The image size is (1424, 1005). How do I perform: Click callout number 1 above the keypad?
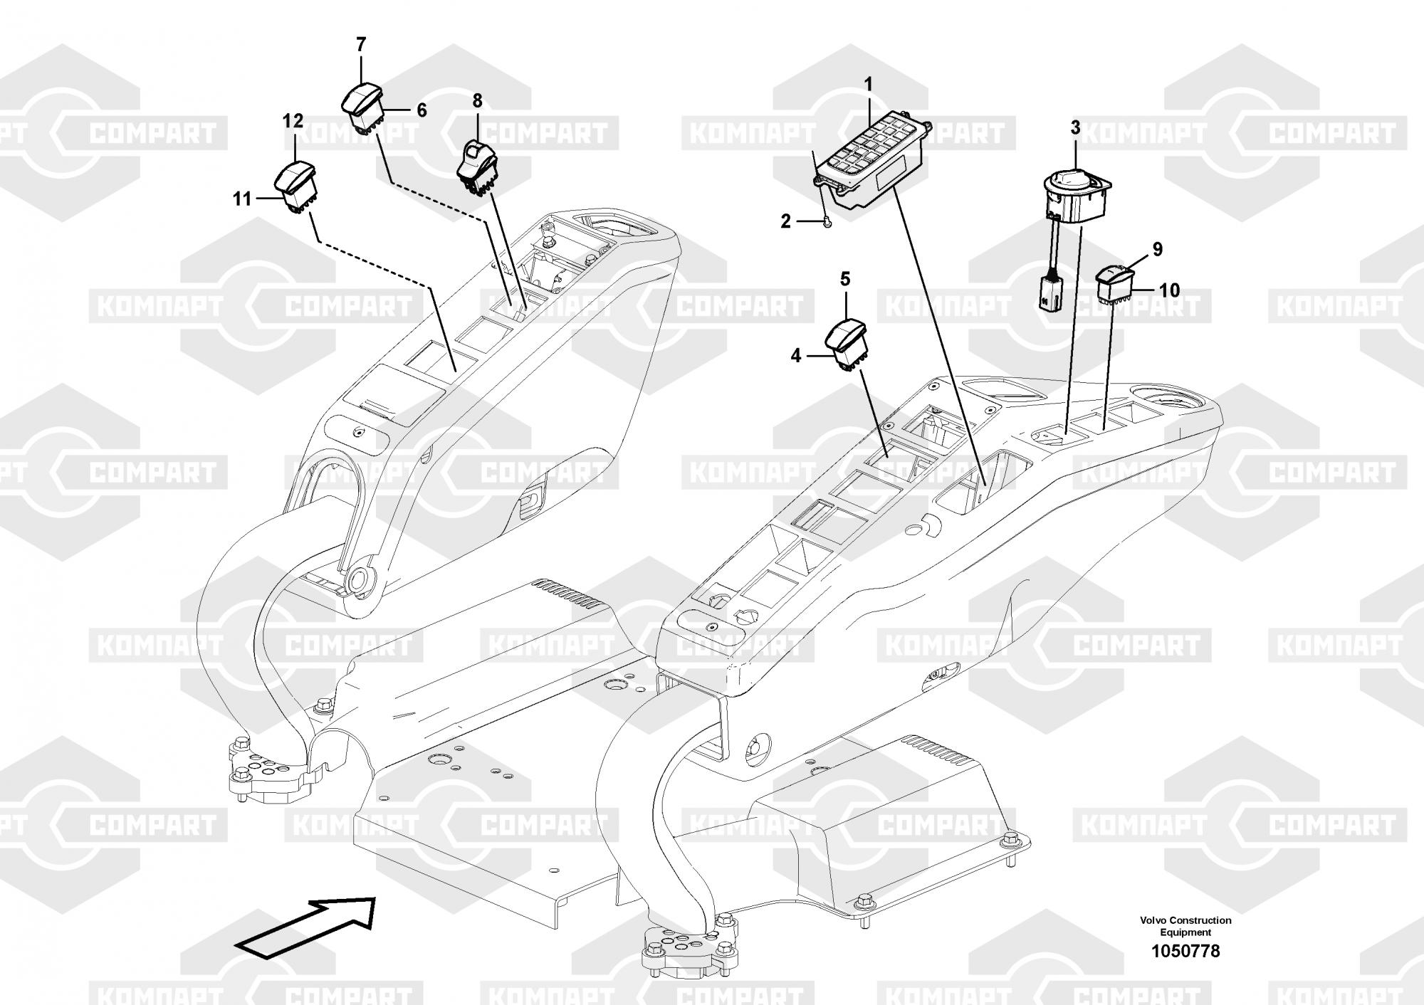coord(868,84)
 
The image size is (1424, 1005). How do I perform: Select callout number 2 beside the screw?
coord(785,221)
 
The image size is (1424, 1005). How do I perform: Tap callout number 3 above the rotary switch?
coord(1075,128)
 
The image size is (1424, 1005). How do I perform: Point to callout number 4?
coord(796,355)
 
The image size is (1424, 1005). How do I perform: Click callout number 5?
coord(845,279)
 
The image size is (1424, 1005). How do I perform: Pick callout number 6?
coord(422,110)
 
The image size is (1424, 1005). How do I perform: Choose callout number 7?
coord(361,45)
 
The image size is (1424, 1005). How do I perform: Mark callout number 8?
coord(477,100)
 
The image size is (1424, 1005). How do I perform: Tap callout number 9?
coord(1157,249)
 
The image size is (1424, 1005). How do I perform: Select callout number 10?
coord(1169,290)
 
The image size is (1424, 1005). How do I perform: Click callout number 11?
coord(242,199)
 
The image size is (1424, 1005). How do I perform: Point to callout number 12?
coord(293,121)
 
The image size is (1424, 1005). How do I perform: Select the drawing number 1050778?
coord(1185,950)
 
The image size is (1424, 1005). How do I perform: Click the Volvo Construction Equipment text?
coord(1185,926)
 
